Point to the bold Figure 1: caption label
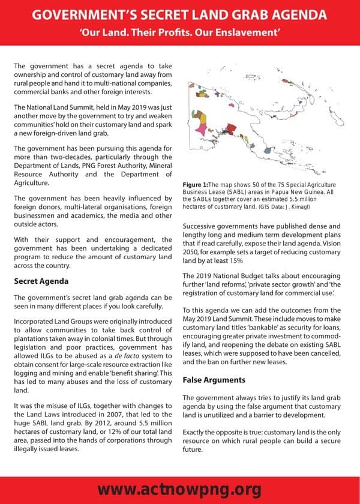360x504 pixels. (x=195, y=184)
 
